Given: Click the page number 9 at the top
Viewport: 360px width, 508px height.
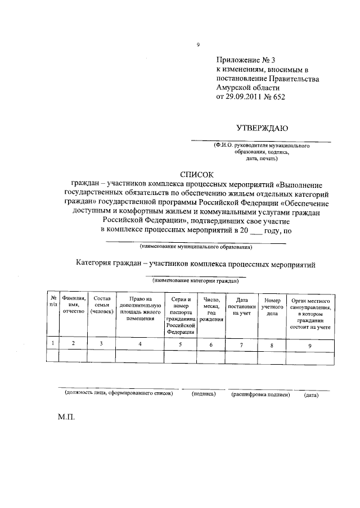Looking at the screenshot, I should [x=198, y=45].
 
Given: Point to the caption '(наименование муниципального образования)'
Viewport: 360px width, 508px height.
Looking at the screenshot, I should [x=196, y=247].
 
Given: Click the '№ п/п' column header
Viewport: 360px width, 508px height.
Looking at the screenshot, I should [x=52, y=301].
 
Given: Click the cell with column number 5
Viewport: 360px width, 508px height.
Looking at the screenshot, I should [x=181, y=344].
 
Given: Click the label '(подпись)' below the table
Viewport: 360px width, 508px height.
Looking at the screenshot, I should [x=204, y=394].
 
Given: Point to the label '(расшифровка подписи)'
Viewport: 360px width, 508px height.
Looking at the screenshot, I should [x=260, y=394].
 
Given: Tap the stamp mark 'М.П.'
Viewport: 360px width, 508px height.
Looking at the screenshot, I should [x=65, y=419].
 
